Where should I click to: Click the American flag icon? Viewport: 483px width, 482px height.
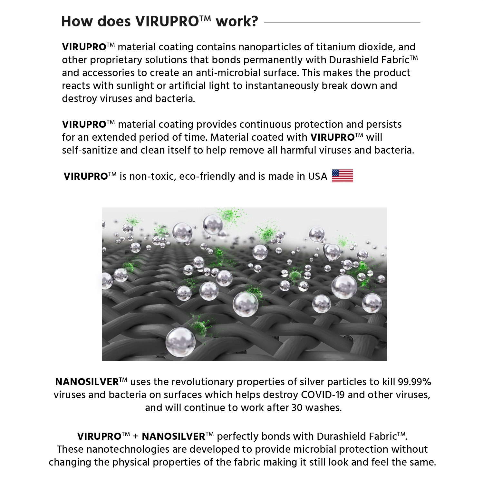pyautogui.click(x=342, y=176)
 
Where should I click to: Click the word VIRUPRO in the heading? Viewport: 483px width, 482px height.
pyautogui.click(x=167, y=22)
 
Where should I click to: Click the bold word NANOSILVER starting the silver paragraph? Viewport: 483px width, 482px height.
pyautogui.click(x=87, y=382)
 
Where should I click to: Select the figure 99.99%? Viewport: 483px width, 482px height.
pyautogui.click(x=414, y=382)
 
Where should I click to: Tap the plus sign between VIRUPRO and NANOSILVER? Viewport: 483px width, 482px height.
pyautogui.click(x=136, y=437)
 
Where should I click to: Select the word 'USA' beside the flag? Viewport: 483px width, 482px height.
pyautogui.click(x=317, y=176)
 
